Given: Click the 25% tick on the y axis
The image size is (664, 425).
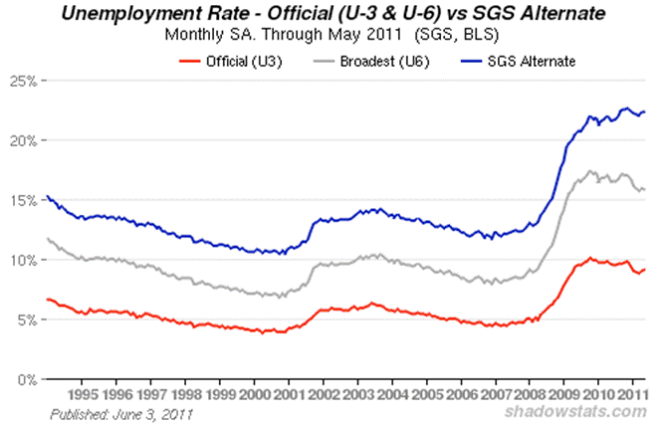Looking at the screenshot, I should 22,81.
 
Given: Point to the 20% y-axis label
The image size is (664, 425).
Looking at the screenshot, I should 22,140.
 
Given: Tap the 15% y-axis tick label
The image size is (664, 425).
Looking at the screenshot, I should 22,200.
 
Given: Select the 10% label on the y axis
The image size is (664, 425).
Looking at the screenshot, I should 22,260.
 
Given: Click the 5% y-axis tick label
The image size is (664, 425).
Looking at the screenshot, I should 26,319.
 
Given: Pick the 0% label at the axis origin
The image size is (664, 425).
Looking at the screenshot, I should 26,379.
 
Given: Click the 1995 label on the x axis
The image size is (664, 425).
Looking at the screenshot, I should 82,394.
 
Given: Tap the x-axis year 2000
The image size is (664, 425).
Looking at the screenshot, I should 254,394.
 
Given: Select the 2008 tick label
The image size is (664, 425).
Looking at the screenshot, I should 529,394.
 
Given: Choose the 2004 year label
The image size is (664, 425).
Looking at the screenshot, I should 391,394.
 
